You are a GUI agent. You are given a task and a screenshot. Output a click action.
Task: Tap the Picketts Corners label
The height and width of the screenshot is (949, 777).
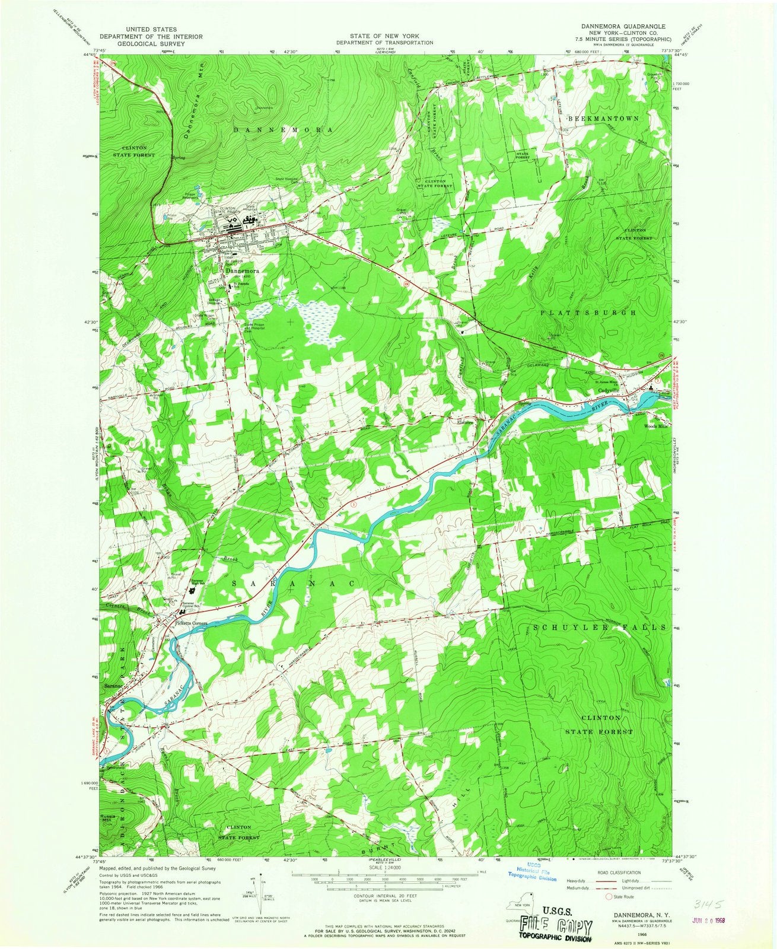[190, 622]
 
